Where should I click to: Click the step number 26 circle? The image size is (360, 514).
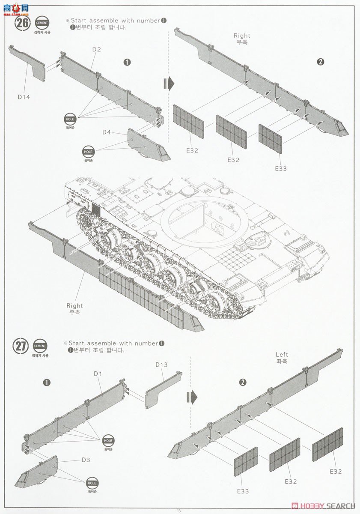pyautogui.click(x=22, y=24)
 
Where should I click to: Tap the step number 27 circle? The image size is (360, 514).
pyautogui.click(x=20, y=346)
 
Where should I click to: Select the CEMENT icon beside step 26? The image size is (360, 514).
pyautogui.click(x=42, y=23)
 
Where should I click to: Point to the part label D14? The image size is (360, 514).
pyautogui.click(x=24, y=97)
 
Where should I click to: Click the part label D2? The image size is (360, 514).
pyautogui.click(x=96, y=50)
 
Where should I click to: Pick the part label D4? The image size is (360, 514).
pyautogui.click(x=107, y=132)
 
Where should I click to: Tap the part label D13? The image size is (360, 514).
pyautogui.click(x=161, y=365)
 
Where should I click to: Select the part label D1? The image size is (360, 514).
pyautogui.click(x=98, y=374)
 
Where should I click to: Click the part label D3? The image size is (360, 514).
pyautogui.click(x=86, y=460)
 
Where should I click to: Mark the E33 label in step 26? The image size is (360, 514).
pyautogui.click(x=280, y=168)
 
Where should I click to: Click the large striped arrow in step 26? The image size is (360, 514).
pyautogui.click(x=169, y=84)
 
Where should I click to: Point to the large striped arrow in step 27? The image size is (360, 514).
pyautogui.click(x=193, y=397)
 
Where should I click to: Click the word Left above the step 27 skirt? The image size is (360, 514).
pyautogui.click(x=282, y=354)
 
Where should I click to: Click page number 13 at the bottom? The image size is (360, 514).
pyautogui.click(x=179, y=510)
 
